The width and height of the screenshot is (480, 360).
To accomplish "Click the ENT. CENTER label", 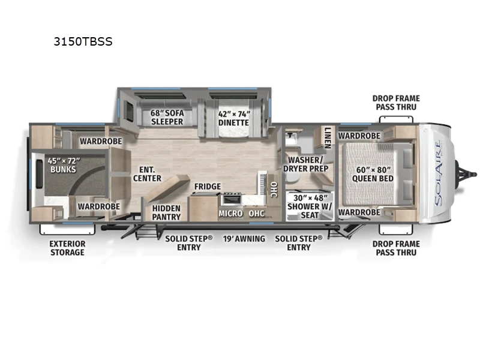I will [147, 173].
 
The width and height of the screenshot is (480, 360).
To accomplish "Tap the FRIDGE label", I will [207, 186].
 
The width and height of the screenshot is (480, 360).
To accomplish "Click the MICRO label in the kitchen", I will [230, 213].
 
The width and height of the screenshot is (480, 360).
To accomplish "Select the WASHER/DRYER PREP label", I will [306, 164].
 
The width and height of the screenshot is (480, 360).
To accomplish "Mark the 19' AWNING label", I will [244, 239].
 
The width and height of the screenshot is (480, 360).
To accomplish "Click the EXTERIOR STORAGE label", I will [67, 248].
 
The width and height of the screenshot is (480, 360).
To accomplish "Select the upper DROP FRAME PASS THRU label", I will [396, 103].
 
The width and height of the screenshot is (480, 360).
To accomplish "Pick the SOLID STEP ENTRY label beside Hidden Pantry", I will [189, 242].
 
